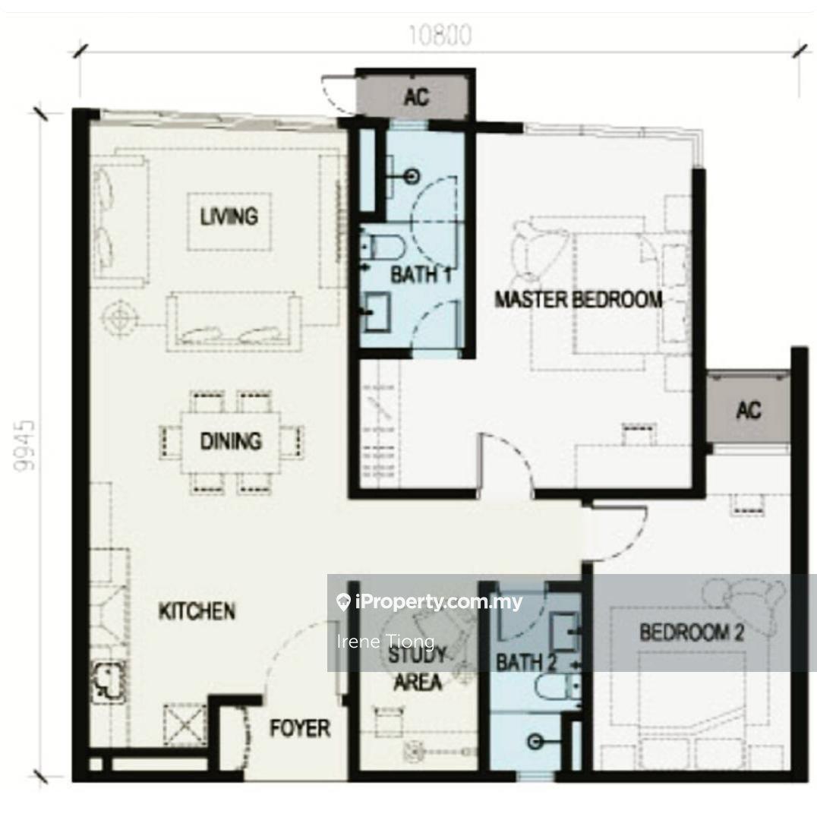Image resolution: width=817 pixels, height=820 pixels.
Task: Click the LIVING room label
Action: click(229, 216)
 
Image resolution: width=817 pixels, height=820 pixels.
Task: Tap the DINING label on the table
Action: click(231, 441)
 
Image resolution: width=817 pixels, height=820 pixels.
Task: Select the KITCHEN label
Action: click(197, 610)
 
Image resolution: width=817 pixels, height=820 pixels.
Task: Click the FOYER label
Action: click(300, 728)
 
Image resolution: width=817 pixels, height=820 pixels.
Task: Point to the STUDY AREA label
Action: click(417, 668)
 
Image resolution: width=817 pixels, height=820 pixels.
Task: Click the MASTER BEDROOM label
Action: click(579, 299)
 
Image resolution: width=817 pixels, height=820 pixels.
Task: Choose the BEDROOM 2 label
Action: click(692, 632)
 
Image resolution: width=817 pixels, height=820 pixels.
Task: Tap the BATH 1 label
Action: click(421, 275)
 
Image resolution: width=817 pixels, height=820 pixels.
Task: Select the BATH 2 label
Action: click(525, 663)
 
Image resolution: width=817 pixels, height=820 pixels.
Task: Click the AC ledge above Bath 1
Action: click(416, 96)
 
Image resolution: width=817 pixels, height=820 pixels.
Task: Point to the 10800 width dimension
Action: click(440, 36)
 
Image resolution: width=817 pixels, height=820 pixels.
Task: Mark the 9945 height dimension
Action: click(24, 446)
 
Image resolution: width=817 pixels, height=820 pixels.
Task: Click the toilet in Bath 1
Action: click(383, 248)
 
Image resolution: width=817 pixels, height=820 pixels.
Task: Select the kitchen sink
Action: click(109, 680)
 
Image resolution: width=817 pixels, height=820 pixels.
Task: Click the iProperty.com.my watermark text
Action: click(430, 602)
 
